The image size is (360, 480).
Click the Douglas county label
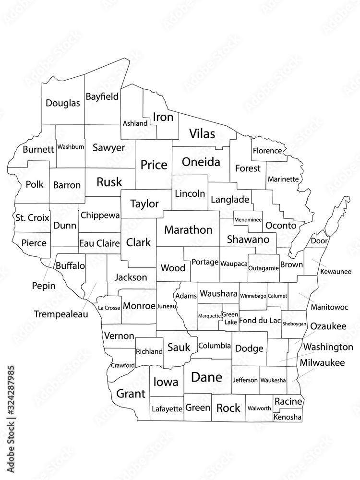63,103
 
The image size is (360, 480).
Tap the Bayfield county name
102,96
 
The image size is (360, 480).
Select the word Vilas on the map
202,133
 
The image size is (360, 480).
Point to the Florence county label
267,151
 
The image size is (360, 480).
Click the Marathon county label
188,230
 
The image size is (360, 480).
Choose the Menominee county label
248,220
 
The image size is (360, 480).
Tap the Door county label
319,240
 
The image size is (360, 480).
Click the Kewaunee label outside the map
336,271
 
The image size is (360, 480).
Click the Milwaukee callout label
322,363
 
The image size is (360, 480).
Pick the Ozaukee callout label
328,326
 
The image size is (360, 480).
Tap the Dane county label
207,377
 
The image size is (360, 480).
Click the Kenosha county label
288,418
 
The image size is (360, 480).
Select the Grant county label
131,394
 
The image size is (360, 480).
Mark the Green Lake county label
229,318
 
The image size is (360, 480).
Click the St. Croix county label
32,217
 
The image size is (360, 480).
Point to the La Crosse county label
109,307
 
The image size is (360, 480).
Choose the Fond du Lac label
260,320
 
